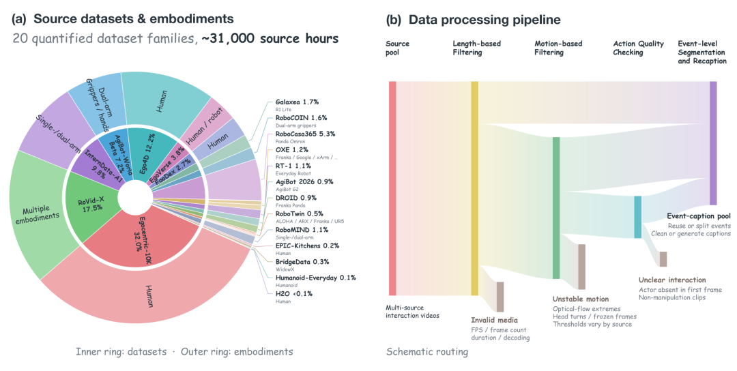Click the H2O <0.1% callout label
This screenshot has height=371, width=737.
[x=293, y=293]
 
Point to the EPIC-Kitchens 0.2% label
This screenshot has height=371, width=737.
[x=307, y=246]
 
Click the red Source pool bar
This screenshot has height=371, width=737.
[x=392, y=188]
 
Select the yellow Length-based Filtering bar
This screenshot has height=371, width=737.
[x=475, y=188]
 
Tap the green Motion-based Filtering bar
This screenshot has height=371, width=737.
[x=556, y=208]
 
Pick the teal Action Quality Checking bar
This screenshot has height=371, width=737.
[x=638, y=217]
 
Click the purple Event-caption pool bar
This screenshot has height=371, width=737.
[x=713, y=143]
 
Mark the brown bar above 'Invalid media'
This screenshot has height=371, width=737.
[x=500, y=297]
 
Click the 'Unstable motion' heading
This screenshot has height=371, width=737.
[x=581, y=299]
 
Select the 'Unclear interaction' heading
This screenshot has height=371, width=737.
[x=672, y=280]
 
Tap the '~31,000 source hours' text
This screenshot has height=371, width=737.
[x=270, y=38]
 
